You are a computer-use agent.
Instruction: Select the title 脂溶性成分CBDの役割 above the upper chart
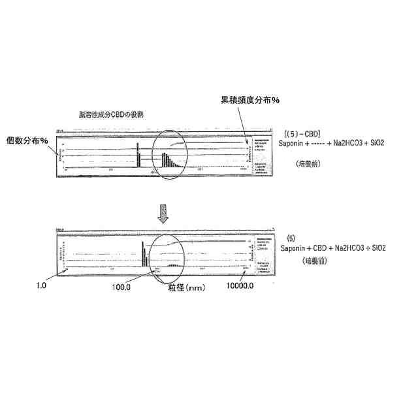112,114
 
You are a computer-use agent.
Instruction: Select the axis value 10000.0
240,286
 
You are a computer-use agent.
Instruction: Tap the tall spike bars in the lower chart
144,253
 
